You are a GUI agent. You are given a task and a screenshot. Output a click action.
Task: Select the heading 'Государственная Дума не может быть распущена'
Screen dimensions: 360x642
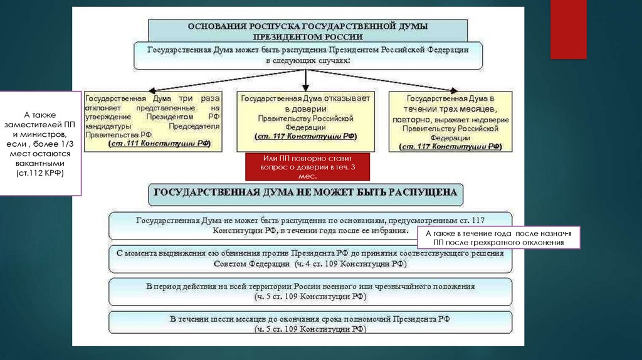pyautogui.click(x=306, y=193)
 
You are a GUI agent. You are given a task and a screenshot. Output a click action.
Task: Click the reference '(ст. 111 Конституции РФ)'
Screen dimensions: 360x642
pyautogui.click(x=159, y=144)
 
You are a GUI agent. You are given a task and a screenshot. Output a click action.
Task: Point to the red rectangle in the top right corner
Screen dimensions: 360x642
pyautogui.click(x=568, y=29)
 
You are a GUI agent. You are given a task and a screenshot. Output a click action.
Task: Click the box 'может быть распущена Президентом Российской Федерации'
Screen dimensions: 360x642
pyautogui.click(x=307, y=55)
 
